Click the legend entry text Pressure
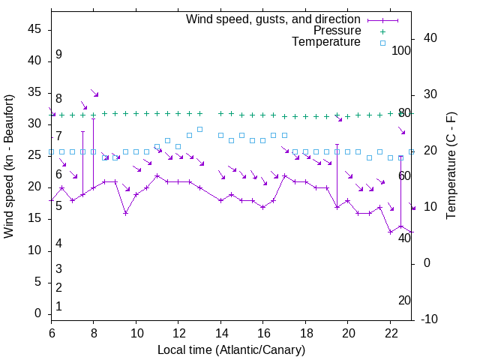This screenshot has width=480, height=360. [x=337, y=31]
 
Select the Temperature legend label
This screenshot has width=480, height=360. [x=326, y=42]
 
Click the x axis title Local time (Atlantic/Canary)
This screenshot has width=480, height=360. [x=231, y=350]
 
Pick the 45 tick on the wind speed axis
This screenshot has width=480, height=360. [x=34, y=29]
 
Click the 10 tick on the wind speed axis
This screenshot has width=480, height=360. [x=34, y=250]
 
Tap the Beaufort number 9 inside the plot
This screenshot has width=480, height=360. [x=58, y=55]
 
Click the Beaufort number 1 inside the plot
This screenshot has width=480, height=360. [x=58, y=307]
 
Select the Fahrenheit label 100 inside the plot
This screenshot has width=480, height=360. [x=402, y=51]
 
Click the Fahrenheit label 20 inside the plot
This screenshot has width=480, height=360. [x=404, y=301]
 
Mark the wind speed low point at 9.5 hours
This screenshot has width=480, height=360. [x=125, y=213]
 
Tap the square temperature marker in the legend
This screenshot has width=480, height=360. [x=382, y=43]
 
